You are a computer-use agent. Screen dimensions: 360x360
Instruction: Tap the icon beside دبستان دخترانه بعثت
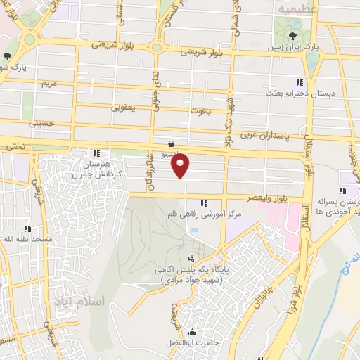pos(301,82)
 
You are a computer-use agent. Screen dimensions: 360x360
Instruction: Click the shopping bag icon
pos(172,143)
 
